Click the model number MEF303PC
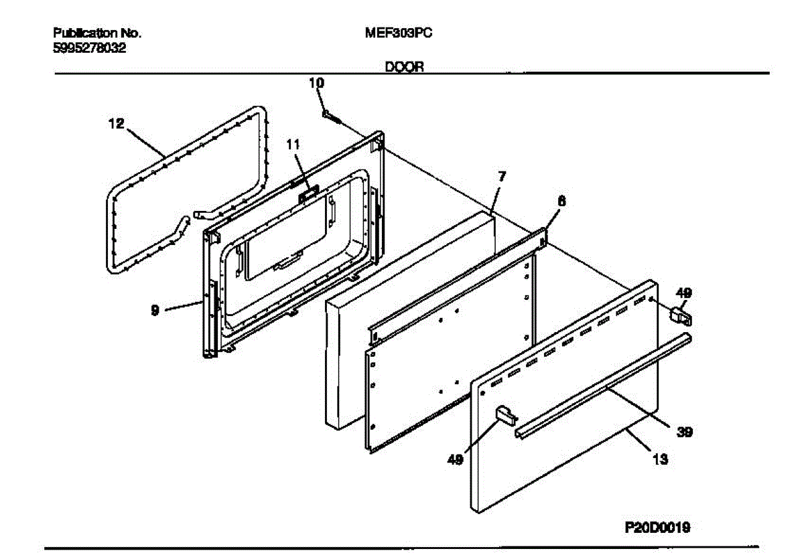(x=398, y=33)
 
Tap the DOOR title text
(x=403, y=67)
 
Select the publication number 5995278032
(x=89, y=48)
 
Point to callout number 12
(x=116, y=124)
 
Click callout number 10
(x=316, y=83)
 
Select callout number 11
(x=293, y=144)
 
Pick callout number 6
(x=561, y=199)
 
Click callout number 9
(x=155, y=310)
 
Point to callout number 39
(x=683, y=432)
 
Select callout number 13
(x=660, y=460)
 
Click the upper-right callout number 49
(x=684, y=293)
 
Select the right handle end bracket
(x=682, y=314)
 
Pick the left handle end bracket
(x=505, y=415)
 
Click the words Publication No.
(x=97, y=33)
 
